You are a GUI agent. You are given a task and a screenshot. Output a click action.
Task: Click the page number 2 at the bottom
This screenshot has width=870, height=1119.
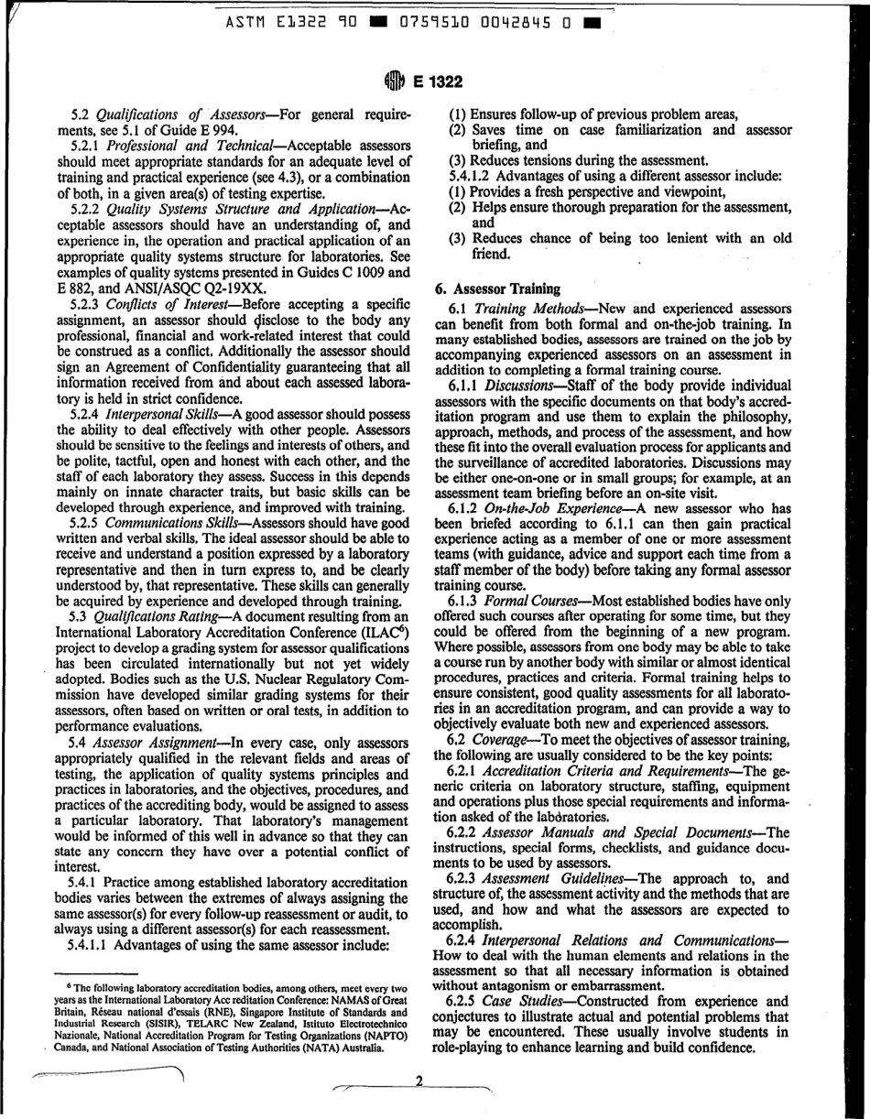(x=417, y=1081)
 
